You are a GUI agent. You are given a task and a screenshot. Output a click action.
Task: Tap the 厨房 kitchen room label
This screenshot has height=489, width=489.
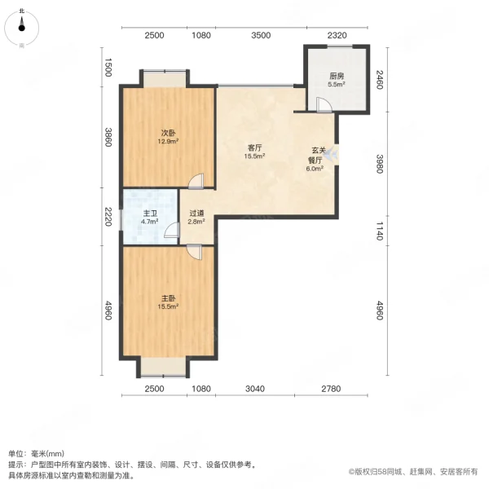336,79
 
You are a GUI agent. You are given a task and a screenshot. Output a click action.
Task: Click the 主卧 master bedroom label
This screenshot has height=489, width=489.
168,301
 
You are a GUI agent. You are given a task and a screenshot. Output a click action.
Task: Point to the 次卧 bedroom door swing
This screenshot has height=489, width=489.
196,182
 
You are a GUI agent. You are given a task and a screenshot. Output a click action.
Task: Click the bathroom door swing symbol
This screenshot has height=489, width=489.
171,232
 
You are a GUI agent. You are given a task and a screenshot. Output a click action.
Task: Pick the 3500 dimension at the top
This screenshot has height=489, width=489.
260,35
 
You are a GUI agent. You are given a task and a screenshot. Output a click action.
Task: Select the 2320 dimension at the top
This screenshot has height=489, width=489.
337,35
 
